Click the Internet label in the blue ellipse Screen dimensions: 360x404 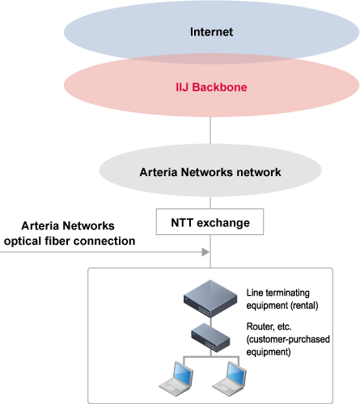(211, 32)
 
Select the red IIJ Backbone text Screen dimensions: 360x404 (211, 87)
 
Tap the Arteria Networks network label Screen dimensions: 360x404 (210, 172)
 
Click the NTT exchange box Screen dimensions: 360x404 (210, 221)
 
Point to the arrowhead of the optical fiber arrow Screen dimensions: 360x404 (205, 252)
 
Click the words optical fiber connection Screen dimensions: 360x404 (70, 241)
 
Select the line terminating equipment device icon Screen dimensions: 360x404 (210, 299)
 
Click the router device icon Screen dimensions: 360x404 (210, 338)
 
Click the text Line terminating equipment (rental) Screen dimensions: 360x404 (282, 299)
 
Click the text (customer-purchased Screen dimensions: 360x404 (288, 339)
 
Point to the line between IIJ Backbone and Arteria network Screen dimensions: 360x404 (210, 130)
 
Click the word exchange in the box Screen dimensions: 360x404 (223, 223)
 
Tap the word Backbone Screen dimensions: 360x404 (219, 87)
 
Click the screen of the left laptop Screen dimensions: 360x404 (183, 373)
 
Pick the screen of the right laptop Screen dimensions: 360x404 (236, 373)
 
